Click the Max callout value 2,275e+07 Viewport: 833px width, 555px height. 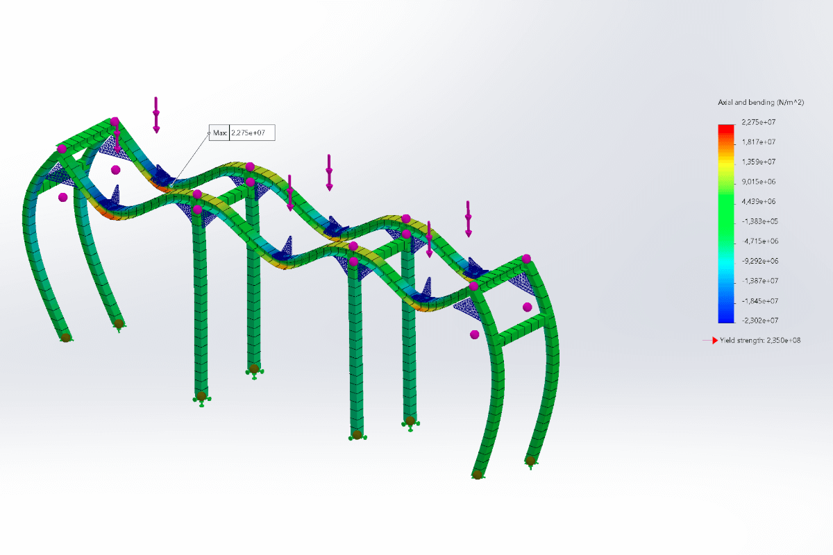(248, 133)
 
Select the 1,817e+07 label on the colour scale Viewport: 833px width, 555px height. (759, 142)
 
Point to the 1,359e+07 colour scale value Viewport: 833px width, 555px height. (759, 162)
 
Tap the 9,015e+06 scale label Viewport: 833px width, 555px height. (759, 182)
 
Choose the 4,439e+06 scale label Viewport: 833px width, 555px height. (759, 201)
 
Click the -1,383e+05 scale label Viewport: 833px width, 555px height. (759, 221)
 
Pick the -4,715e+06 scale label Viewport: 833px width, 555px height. (759, 241)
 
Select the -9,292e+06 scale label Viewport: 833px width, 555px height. (759, 261)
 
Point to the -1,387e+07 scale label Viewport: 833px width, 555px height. (759, 281)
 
